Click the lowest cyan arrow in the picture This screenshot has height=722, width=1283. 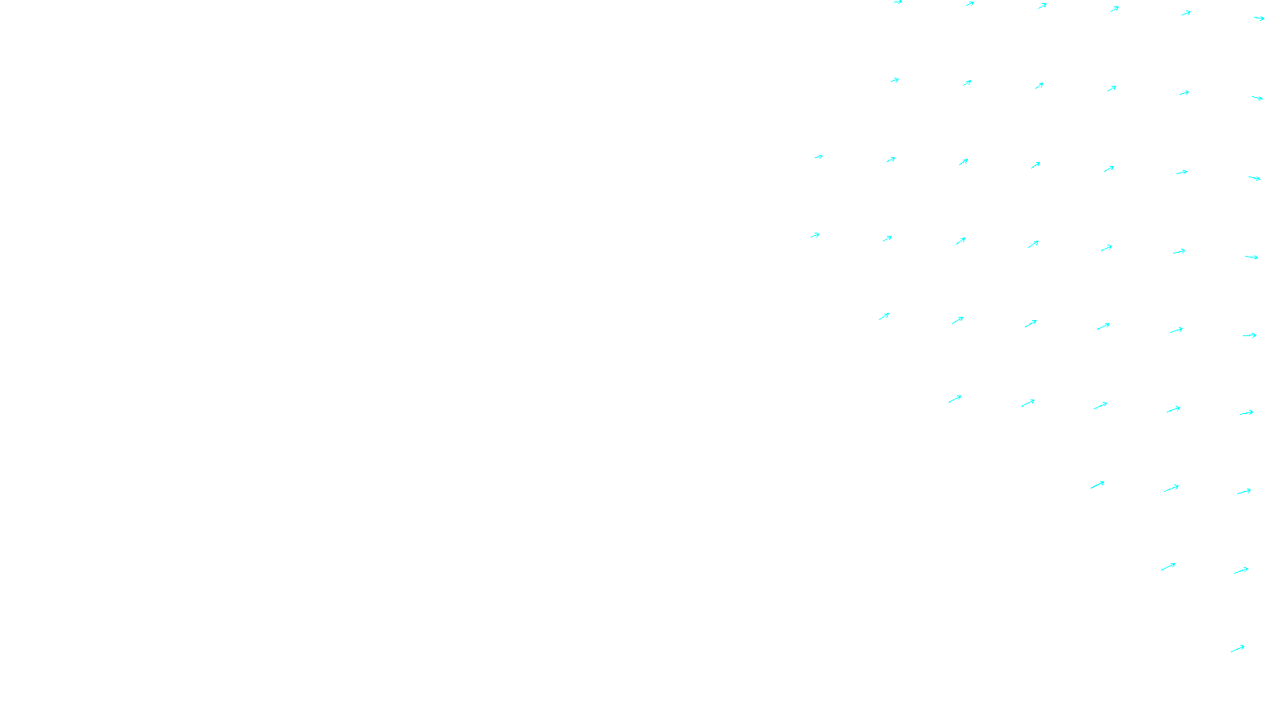point(1237,648)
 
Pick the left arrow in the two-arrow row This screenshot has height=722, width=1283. point(1168,566)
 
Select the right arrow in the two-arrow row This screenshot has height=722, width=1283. point(1241,570)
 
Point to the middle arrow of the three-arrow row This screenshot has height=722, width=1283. point(1172,488)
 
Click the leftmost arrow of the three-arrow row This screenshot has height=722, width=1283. point(1097,485)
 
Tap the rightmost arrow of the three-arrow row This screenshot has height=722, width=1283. point(1244,491)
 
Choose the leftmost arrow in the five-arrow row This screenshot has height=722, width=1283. point(954,399)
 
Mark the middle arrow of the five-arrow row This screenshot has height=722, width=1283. point(1100,405)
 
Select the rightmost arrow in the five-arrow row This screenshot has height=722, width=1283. point(1246,412)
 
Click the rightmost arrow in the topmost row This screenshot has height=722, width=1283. point(1259,18)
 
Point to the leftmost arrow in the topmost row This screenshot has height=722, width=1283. point(898,2)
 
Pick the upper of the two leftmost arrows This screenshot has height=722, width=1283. point(818,156)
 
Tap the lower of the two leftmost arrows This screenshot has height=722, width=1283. point(815,235)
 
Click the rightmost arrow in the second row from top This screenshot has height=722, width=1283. point(1257,98)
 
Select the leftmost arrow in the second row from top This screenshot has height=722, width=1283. point(895,80)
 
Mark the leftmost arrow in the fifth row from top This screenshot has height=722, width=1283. point(884,316)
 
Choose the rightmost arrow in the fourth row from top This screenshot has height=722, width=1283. point(1251,257)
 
